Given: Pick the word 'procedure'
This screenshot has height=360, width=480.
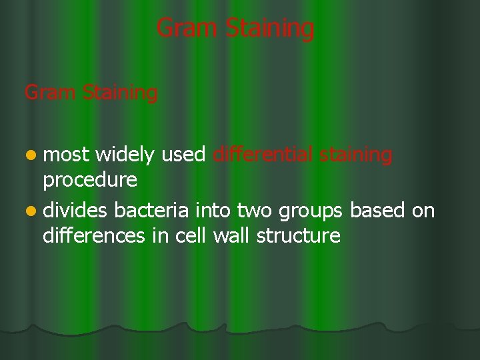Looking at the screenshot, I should pos(89,180).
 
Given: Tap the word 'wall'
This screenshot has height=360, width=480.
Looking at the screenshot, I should pos(229,235).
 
